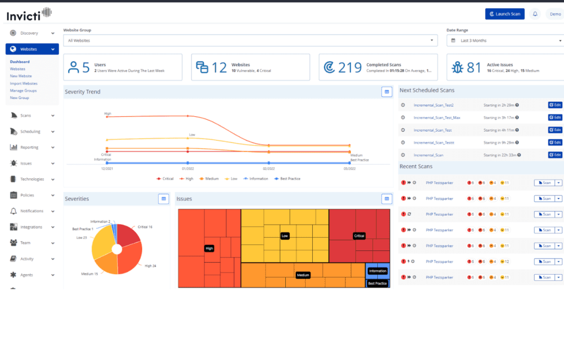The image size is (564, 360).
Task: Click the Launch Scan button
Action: coord(505,14)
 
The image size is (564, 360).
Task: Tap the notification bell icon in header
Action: coord(535,14)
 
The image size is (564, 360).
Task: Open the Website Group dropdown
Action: coord(250,40)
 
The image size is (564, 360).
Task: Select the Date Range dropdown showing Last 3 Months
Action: coord(505,40)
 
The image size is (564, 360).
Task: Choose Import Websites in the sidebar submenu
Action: coord(24,83)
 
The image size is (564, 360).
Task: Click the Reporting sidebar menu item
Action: coord(29,147)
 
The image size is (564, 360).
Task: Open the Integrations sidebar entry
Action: coord(31,227)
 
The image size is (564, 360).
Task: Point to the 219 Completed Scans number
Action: coord(350,67)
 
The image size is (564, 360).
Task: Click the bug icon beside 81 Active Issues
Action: coord(457,67)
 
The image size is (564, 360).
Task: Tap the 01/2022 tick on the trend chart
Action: coord(188,168)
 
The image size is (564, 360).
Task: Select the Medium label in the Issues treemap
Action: coord(302,275)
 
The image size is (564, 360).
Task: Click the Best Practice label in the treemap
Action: coord(377,283)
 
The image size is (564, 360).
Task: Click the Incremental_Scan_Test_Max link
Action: coord(437,117)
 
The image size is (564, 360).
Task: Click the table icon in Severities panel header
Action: coord(163,199)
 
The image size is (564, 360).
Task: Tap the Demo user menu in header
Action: coord(555,14)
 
